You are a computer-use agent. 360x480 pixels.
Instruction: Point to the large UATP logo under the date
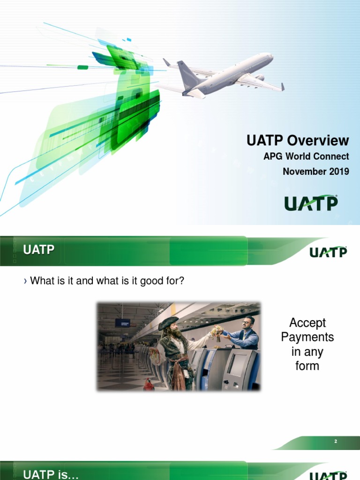311,203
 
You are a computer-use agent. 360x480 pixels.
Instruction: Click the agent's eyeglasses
247,322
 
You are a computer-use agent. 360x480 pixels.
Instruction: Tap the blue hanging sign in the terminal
122,322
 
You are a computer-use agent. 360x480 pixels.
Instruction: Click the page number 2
336,442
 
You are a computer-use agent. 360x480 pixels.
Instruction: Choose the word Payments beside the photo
307,337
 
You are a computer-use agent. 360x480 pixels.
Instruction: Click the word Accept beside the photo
307,323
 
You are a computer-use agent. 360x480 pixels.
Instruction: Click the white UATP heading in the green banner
39,250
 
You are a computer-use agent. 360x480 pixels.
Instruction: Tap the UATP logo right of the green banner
328,252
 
